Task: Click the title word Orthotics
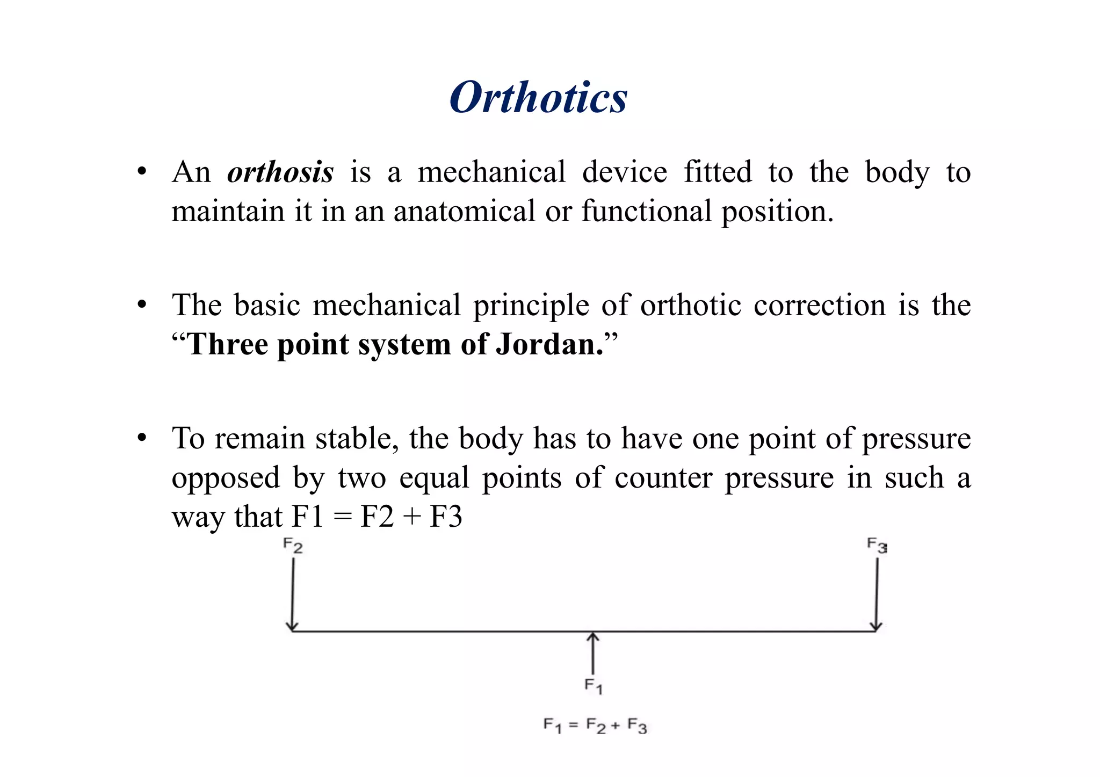click(538, 98)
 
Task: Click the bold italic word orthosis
click(280, 173)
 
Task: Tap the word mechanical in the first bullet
click(491, 173)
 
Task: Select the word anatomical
click(464, 211)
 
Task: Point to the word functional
click(646, 211)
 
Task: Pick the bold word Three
click(227, 344)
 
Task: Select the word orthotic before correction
click(691, 306)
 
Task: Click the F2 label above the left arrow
click(293, 546)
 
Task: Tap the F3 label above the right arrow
click(877, 546)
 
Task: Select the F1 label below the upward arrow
click(593, 686)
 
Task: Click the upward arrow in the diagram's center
click(592, 652)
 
